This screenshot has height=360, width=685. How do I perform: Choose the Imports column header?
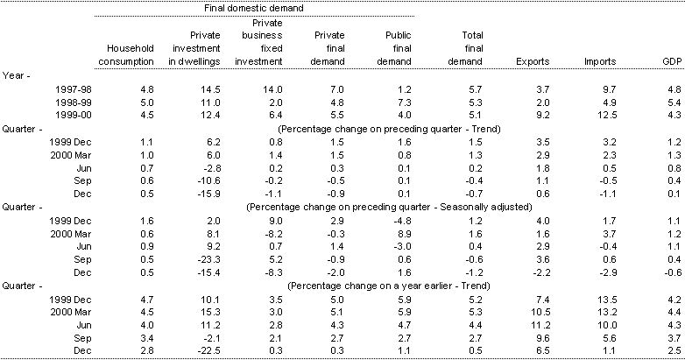pyautogui.click(x=600, y=62)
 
